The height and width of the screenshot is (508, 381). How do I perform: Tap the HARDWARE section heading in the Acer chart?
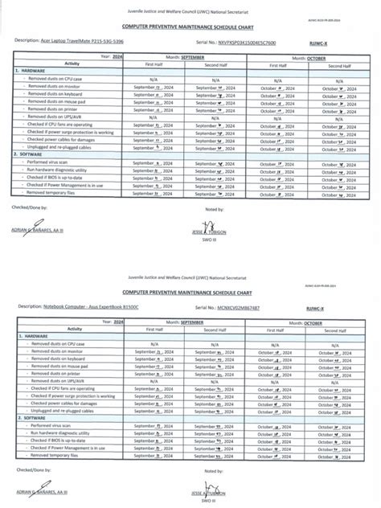tap(30, 70)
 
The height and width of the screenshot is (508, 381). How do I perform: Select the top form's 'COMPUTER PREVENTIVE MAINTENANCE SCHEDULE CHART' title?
tap(190, 27)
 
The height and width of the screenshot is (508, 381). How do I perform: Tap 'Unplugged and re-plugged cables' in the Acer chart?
tap(65, 146)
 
